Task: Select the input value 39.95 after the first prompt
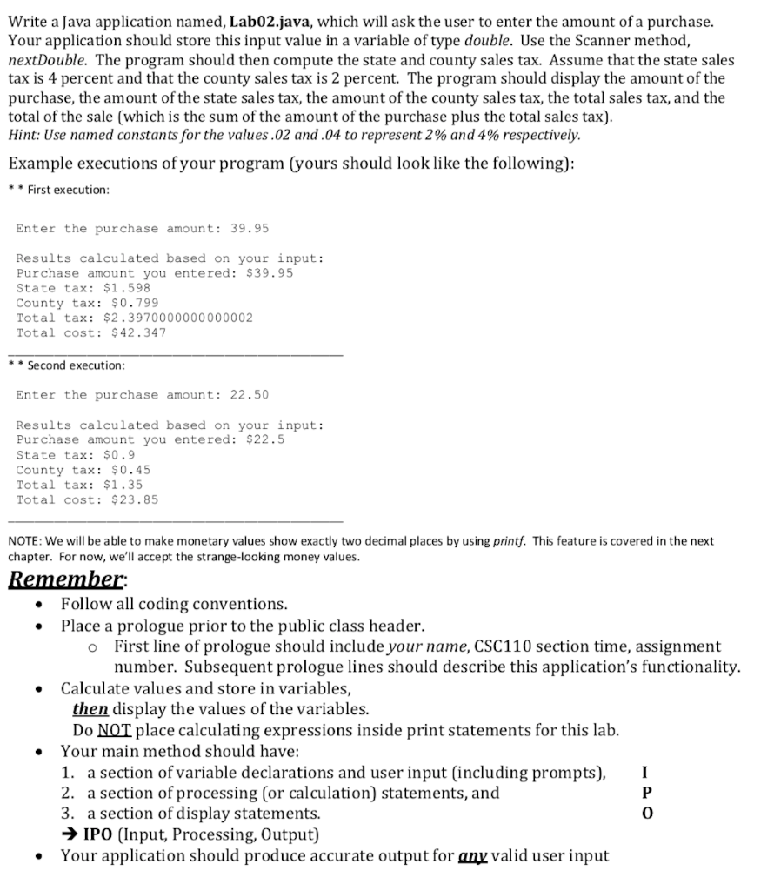[249, 228]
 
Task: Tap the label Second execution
[76, 365]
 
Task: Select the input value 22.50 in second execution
[249, 395]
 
